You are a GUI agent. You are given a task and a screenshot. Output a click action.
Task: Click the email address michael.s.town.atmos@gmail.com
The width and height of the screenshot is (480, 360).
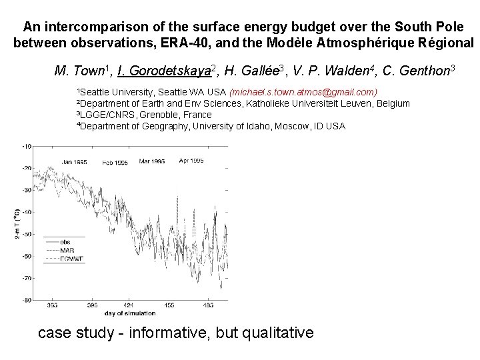(x=303, y=91)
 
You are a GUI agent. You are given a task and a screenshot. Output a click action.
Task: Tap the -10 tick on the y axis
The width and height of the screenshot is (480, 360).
(x=27, y=146)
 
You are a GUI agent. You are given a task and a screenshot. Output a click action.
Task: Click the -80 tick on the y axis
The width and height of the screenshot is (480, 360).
(x=27, y=300)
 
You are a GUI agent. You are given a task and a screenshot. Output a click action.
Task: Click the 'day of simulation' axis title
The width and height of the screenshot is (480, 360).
(x=130, y=313)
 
